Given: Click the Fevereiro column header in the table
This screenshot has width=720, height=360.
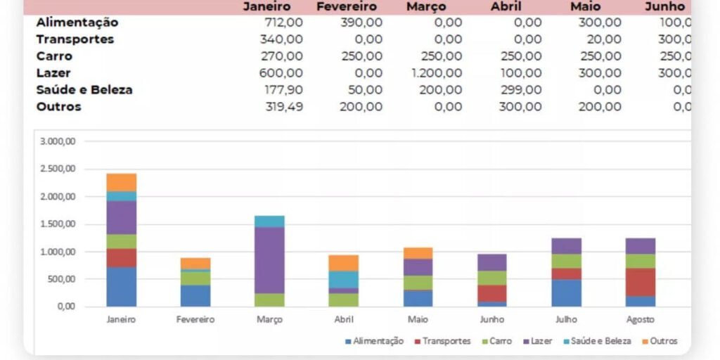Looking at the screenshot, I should [x=346, y=6].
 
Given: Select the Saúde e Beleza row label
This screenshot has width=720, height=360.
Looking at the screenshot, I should [x=84, y=90].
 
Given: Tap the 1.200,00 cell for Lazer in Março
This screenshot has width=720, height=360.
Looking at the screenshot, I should [x=437, y=73].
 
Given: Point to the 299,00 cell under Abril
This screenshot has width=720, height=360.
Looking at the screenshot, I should [x=521, y=90].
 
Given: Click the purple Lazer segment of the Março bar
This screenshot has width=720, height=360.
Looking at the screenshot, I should [x=270, y=260].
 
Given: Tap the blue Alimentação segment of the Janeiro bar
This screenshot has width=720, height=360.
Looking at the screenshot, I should [x=121, y=287].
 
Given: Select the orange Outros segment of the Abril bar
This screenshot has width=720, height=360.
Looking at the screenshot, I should [x=345, y=263].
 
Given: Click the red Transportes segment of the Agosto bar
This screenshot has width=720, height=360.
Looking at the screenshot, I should [x=641, y=282].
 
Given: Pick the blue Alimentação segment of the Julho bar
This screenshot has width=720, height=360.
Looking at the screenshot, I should [x=567, y=293].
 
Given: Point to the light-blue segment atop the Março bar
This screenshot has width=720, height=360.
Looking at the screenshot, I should [x=270, y=221].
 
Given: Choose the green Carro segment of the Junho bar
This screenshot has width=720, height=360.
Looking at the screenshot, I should [x=493, y=278].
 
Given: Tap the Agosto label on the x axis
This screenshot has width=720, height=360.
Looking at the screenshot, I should [x=641, y=319].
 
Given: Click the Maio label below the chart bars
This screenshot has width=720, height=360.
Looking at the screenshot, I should [x=418, y=319].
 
